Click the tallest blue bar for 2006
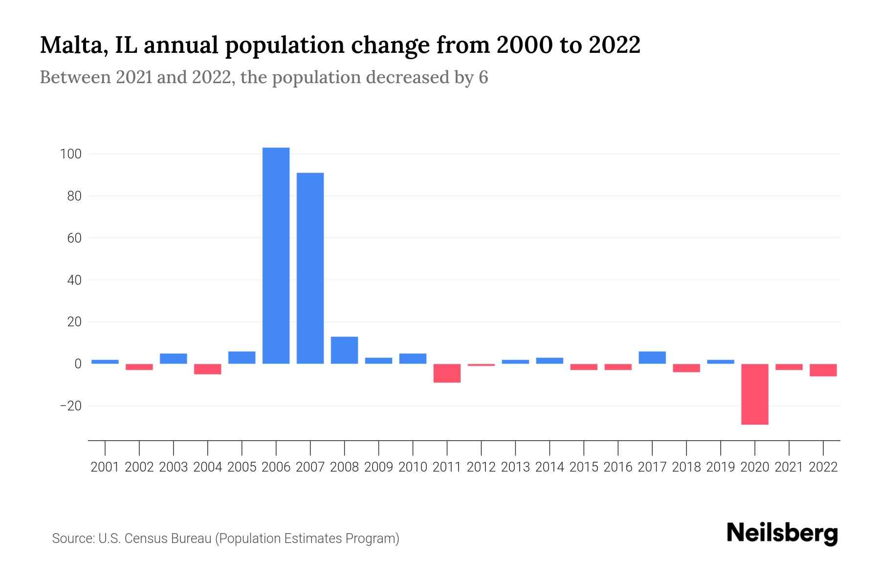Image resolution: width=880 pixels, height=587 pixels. tap(276, 255)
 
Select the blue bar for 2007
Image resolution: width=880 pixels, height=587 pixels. tap(310, 268)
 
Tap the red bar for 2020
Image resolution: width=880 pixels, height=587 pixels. tap(754, 394)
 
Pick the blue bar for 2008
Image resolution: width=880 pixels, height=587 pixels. tap(344, 350)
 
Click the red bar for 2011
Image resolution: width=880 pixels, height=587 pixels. tap(447, 373)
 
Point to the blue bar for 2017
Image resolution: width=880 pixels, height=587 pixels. tap(652, 358)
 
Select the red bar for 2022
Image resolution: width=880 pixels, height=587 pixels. tap(823, 370)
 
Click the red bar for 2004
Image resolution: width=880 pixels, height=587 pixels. tap(207, 369)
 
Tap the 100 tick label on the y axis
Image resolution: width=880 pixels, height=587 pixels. tap(70, 154)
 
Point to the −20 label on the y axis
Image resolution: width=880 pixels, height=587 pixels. tap(70, 406)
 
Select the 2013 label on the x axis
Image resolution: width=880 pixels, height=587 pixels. tap(515, 467)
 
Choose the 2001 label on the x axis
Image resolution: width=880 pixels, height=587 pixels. tap(105, 467)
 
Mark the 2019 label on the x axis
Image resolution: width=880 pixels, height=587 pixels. tap(720, 467)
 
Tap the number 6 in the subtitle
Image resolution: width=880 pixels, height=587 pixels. tap(483, 77)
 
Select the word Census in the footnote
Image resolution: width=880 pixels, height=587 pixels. tap(145, 539)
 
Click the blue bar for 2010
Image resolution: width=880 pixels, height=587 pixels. tap(413, 359)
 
